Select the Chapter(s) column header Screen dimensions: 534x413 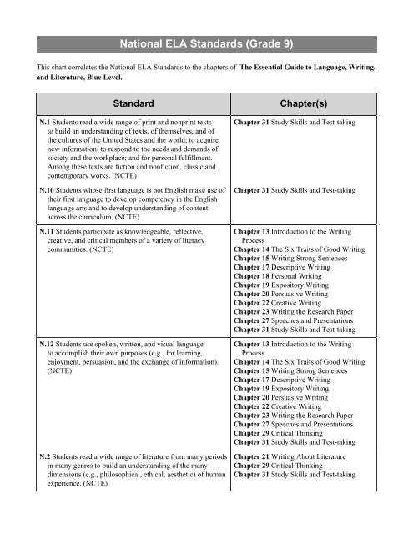315,103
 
